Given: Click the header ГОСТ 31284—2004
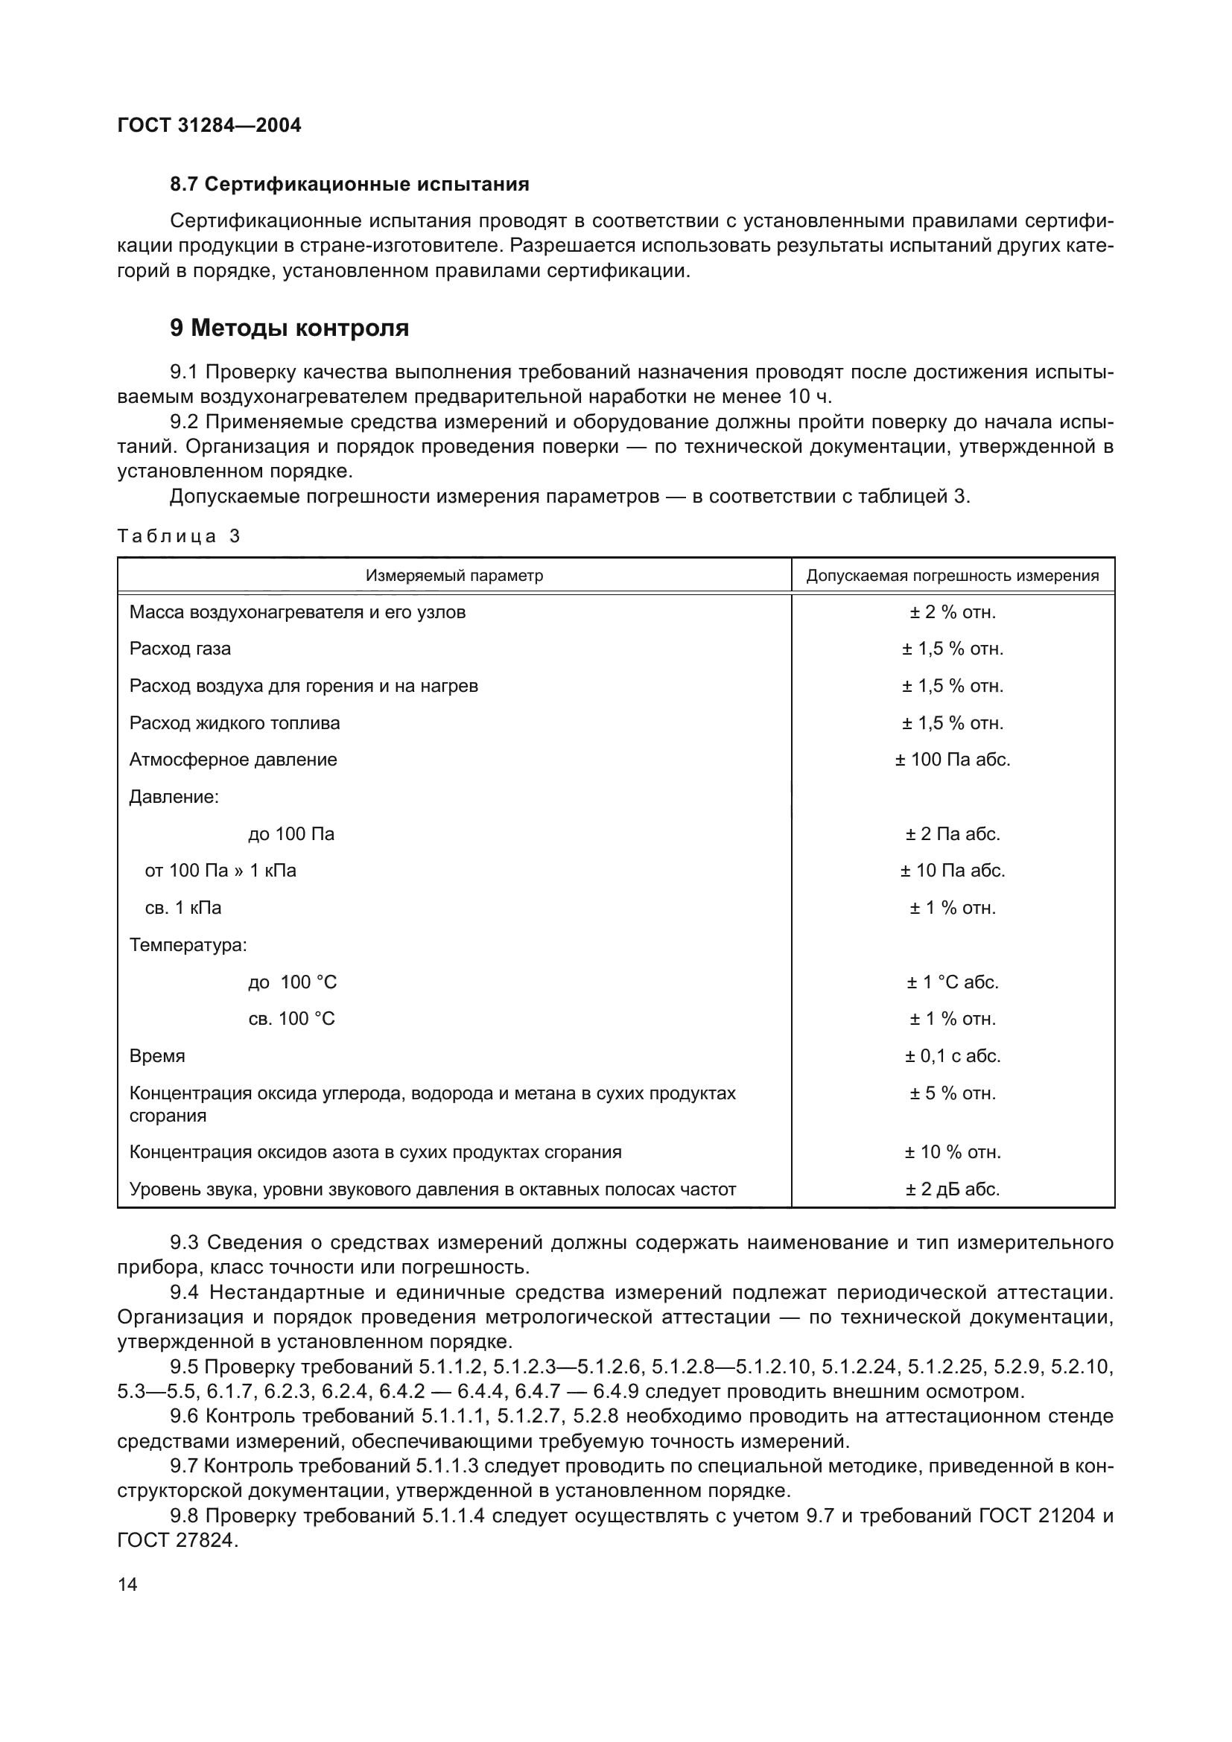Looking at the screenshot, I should click(209, 125).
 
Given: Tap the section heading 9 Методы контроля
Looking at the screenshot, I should click(289, 328).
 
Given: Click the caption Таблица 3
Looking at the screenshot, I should click(179, 536).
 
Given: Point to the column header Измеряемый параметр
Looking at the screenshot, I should click(454, 576).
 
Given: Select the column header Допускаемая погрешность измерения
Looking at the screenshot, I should click(952, 576).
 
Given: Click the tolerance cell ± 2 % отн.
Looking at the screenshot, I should click(953, 612).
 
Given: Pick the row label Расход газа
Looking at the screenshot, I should click(180, 649).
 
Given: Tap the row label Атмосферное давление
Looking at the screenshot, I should click(233, 760).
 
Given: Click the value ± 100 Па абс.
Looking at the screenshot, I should click(953, 760).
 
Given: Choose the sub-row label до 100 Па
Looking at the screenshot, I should click(291, 834).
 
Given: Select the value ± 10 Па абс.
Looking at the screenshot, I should click(953, 870).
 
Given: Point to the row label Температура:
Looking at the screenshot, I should click(188, 945).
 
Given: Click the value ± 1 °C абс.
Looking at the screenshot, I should click(953, 982).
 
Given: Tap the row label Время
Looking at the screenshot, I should click(157, 1056).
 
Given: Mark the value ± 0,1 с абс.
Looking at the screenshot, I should click(953, 1056).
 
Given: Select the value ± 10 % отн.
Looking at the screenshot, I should click(953, 1152).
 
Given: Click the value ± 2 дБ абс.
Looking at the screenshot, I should click(953, 1189).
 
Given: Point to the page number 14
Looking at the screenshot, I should click(127, 1584).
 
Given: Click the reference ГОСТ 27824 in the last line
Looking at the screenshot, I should click(175, 1541).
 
